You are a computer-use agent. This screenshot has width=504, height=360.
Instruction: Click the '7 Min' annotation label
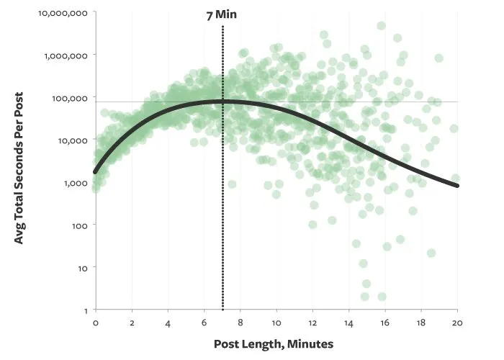(x=222, y=14)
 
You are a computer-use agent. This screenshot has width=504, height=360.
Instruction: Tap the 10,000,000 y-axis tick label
(x=63, y=13)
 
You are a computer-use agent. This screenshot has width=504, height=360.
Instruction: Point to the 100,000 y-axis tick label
(x=68, y=98)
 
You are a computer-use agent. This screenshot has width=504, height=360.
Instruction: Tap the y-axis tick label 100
(x=78, y=225)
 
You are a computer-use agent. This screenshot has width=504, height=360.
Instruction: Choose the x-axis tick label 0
(x=96, y=324)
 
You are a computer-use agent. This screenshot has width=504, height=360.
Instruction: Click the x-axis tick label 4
(x=168, y=324)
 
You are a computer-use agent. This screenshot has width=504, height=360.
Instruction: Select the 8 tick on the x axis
(x=240, y=324)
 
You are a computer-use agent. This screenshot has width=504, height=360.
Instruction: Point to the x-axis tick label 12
(x=312, y=324)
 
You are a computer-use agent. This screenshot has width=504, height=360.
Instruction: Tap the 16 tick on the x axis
(x=385, y=324)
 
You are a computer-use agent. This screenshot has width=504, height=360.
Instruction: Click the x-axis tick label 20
(x=457, y=324)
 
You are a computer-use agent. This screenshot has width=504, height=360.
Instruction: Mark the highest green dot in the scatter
(x=381, y=26)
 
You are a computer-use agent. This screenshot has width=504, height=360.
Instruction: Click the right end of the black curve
(x=457, y=186)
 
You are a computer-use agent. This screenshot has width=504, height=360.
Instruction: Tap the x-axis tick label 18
(x=421, y=324)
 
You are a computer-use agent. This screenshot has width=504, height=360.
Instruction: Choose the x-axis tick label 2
(x=132, y=324)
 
